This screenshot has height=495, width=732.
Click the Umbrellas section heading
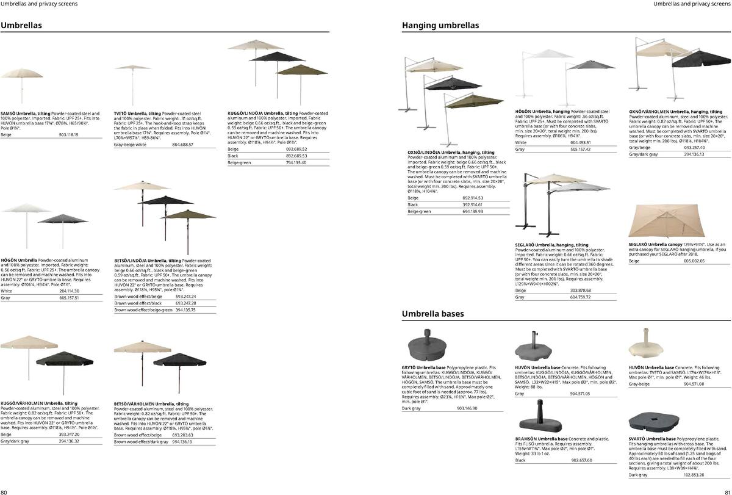[x=21, y=26]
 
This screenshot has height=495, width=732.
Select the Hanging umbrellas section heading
[x=440, y=26]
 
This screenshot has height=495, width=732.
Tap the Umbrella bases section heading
[x=432, y=314]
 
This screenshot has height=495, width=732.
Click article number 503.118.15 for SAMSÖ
[x=69, y=134]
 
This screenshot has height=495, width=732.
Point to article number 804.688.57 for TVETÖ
[x=182, y=145]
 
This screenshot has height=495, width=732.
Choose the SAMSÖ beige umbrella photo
[x=22, y=82]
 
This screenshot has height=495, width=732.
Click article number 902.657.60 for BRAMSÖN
[x=581, y=460]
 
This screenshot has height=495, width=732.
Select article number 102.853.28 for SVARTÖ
[x=694, y=474]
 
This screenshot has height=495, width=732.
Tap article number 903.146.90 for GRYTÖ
[x=467, y=408]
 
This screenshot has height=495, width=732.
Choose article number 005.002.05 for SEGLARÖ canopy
[x=694, y=261]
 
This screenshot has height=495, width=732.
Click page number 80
[x=4, y=491]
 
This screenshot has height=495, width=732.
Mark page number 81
[x=727, y=491]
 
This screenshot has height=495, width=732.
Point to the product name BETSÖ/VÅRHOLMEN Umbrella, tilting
[x=151, y=404]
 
